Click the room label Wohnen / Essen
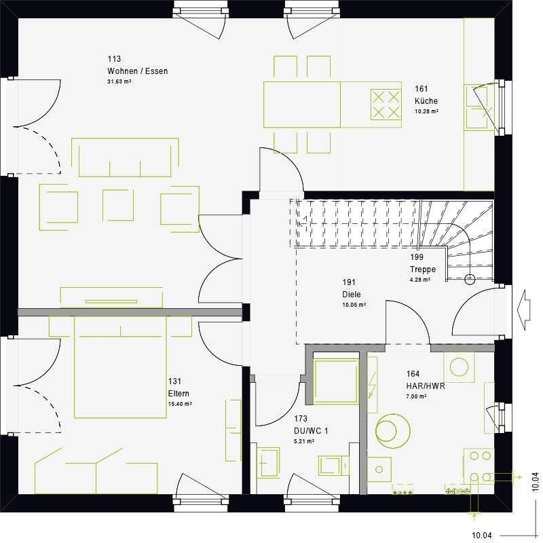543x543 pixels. (x=137, y=71)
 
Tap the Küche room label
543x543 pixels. (x=426, y=101)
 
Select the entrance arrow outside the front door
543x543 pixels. (x=524, y=303)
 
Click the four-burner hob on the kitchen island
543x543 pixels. (x=386, y=105)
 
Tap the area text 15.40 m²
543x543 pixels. (x=179, y=404)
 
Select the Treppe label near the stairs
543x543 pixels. (x=422, y=269)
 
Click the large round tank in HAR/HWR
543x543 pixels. (x=394, y=430)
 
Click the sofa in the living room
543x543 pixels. (x=126, y=157)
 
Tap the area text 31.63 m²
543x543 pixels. (x=119, y=81)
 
